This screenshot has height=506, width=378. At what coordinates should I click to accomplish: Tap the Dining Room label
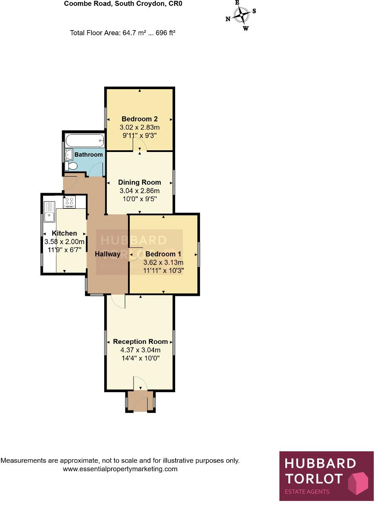(139, 183)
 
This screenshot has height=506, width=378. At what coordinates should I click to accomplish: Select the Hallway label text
(108, 254)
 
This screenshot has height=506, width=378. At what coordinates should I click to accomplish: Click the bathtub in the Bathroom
(84, 139)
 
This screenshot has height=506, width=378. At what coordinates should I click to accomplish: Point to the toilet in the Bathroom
(69, 166)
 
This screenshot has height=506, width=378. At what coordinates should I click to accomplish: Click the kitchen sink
(49, 212)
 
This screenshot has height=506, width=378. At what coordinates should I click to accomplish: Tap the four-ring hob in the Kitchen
(69, 202)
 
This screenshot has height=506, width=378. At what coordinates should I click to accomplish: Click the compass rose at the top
(242, 16)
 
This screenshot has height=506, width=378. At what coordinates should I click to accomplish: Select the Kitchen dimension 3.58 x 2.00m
(64, 241)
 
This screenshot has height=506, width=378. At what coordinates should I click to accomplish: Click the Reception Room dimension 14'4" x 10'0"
(140, 358)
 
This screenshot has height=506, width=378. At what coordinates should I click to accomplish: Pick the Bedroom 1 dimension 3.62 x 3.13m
(163, 262)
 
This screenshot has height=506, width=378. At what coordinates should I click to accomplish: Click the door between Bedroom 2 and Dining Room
(140, 146)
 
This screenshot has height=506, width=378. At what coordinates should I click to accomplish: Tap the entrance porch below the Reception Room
(140, 402)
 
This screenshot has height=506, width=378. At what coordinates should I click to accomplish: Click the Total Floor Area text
(122, 32)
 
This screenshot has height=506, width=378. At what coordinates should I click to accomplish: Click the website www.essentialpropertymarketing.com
(120, 469)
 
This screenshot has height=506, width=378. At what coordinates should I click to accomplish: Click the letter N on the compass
(228, 19)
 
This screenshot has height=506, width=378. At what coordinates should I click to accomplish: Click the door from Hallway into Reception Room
(118, 301)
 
